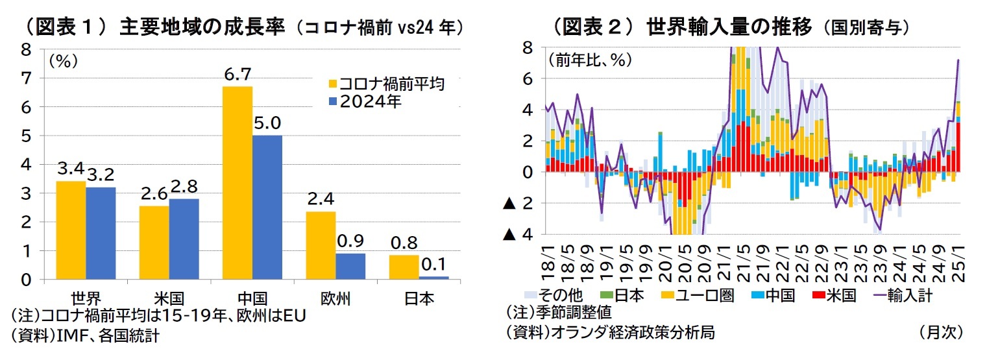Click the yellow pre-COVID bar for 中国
click(x=238, y=182)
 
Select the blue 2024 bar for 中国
click(x=267, y=207)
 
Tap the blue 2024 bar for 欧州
click(x=350, y=266)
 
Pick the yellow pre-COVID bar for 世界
click(x=71, y=230)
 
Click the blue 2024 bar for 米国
click(x=184, y=239)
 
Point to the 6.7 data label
click(x=238, y=76)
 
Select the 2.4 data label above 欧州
click(x=321, y=199)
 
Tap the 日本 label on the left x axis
click(x=419, y=299)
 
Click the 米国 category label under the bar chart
click(x=169, y=299)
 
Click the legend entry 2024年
click(x=371, y=102)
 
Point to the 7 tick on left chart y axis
click(x=26, y=78)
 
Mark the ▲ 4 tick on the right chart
click(x=518, y=234)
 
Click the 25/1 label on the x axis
click(x=958, y=263)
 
